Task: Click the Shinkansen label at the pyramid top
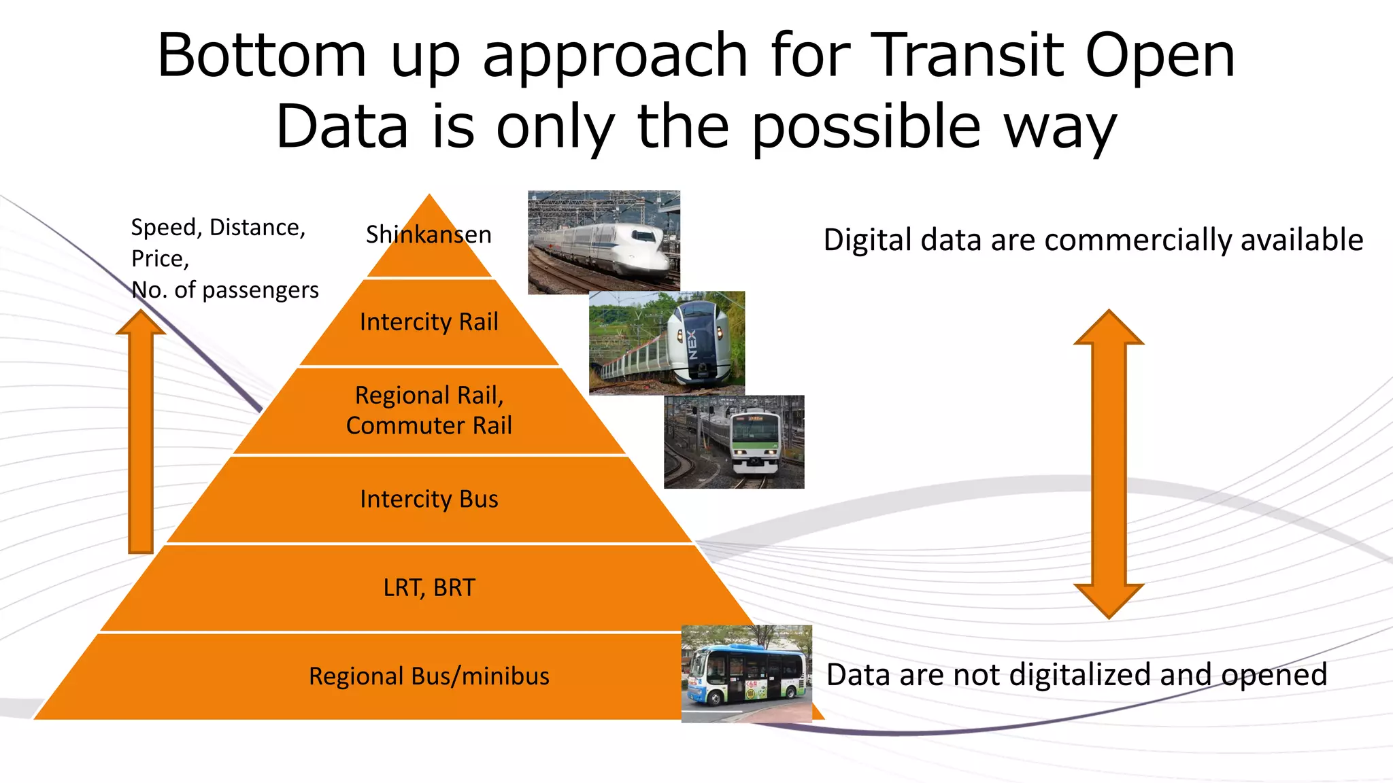[429, 234]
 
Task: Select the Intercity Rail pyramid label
[429, 321]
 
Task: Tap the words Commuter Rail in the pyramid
[429, 425]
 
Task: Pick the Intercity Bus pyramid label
[429, 499]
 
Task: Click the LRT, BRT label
[429, 587]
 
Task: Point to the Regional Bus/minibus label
[429, 676]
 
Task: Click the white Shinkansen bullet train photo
[604, 243]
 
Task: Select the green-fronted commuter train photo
[734, 442]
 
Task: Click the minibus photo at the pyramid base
[746, 674]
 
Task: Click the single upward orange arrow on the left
[141, 435]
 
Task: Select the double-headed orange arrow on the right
[1109, 464]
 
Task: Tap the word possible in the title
[866, 127]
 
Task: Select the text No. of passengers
[224, 290]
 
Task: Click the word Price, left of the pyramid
[160, 259]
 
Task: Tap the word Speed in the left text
[165, 227]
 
